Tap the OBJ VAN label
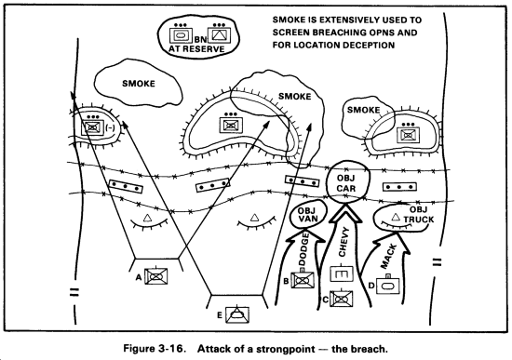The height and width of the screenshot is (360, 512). pyautogui.click(x=307, y=214)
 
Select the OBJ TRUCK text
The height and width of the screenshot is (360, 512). pyautogui.click(x=419, y=215)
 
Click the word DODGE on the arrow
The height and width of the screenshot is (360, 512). pyautogui.click(x=304, y=250)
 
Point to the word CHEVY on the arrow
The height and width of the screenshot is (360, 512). pyautogui.click(x=344, y=242)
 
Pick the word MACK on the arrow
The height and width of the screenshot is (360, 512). pyautogui.click(x=388, y=256)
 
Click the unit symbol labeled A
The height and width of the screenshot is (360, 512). pyautogui.click(x=156, y=276)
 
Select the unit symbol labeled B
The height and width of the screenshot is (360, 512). pyautogui.click(x=303, y=280)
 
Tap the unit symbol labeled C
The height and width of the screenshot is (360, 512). pyautogui.click(x=342, y=299)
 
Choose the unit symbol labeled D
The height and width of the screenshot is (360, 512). pyautogui.click(x=388, y=286)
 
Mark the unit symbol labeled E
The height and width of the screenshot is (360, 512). pyautogui.click(x=237, y=314)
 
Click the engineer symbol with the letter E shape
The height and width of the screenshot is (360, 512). pyautogui.click(x=342, y=274)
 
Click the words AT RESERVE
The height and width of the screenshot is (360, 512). pyautogui.click(x=196, y=49)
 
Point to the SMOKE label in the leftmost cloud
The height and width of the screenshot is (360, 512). pyautogui.click(x=139, y=84)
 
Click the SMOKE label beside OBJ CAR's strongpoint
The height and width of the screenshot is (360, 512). pyautogui.click(x=363, y=110)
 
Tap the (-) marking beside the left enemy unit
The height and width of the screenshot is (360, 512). pyautogui.click(x=110, y=128)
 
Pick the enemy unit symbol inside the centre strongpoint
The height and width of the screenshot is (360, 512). pyautogui.click(x=231, y=125)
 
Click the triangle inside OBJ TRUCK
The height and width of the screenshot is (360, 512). pyautogui.click(x=396, y=216)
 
